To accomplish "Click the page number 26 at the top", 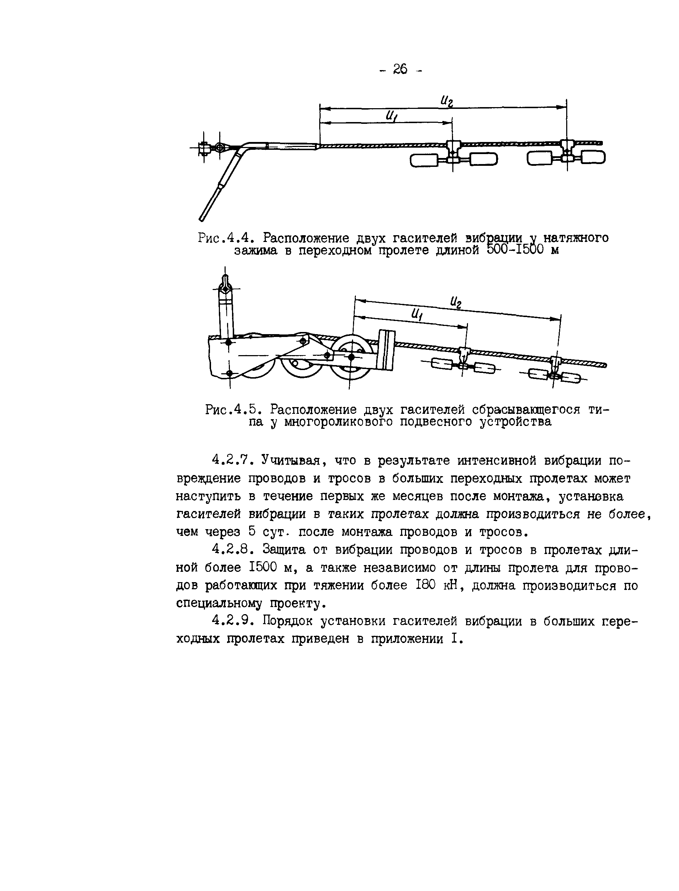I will coord(400,69).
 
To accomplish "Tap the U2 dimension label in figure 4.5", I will coord(456,301).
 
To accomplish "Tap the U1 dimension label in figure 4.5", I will coord(416,314).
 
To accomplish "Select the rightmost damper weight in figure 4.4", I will coord(593,157).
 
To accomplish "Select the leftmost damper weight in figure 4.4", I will coord(424,161).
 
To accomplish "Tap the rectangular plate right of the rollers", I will coord(386,349).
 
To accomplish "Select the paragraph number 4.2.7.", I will coord(232,460).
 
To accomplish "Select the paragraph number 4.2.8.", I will coord(232,549).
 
